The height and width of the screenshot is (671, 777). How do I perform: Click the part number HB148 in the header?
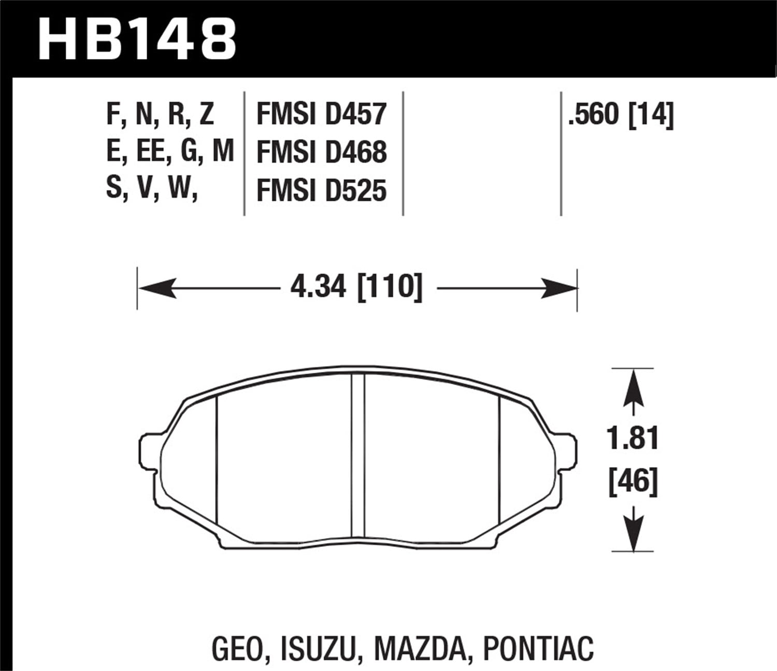tap(137, 39)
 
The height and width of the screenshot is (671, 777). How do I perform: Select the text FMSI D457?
tap(321, 114)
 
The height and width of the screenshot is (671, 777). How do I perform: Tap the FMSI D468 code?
tap(321, 152)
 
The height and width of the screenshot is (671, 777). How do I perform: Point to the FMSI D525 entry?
tap(321, 190)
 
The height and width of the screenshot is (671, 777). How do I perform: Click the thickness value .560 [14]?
tap(621, 114)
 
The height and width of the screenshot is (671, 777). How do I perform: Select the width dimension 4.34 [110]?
tap(356, 286)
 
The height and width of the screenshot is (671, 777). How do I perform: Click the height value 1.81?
tap(632, 439)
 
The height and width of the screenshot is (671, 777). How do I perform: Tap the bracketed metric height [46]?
tap(632, 482)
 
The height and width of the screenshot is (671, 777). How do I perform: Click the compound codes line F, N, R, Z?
tap(160, 114)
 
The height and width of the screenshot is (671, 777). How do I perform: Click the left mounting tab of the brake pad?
tap(148, 449)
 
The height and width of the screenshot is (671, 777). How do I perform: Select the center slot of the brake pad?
tap(358, 456)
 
